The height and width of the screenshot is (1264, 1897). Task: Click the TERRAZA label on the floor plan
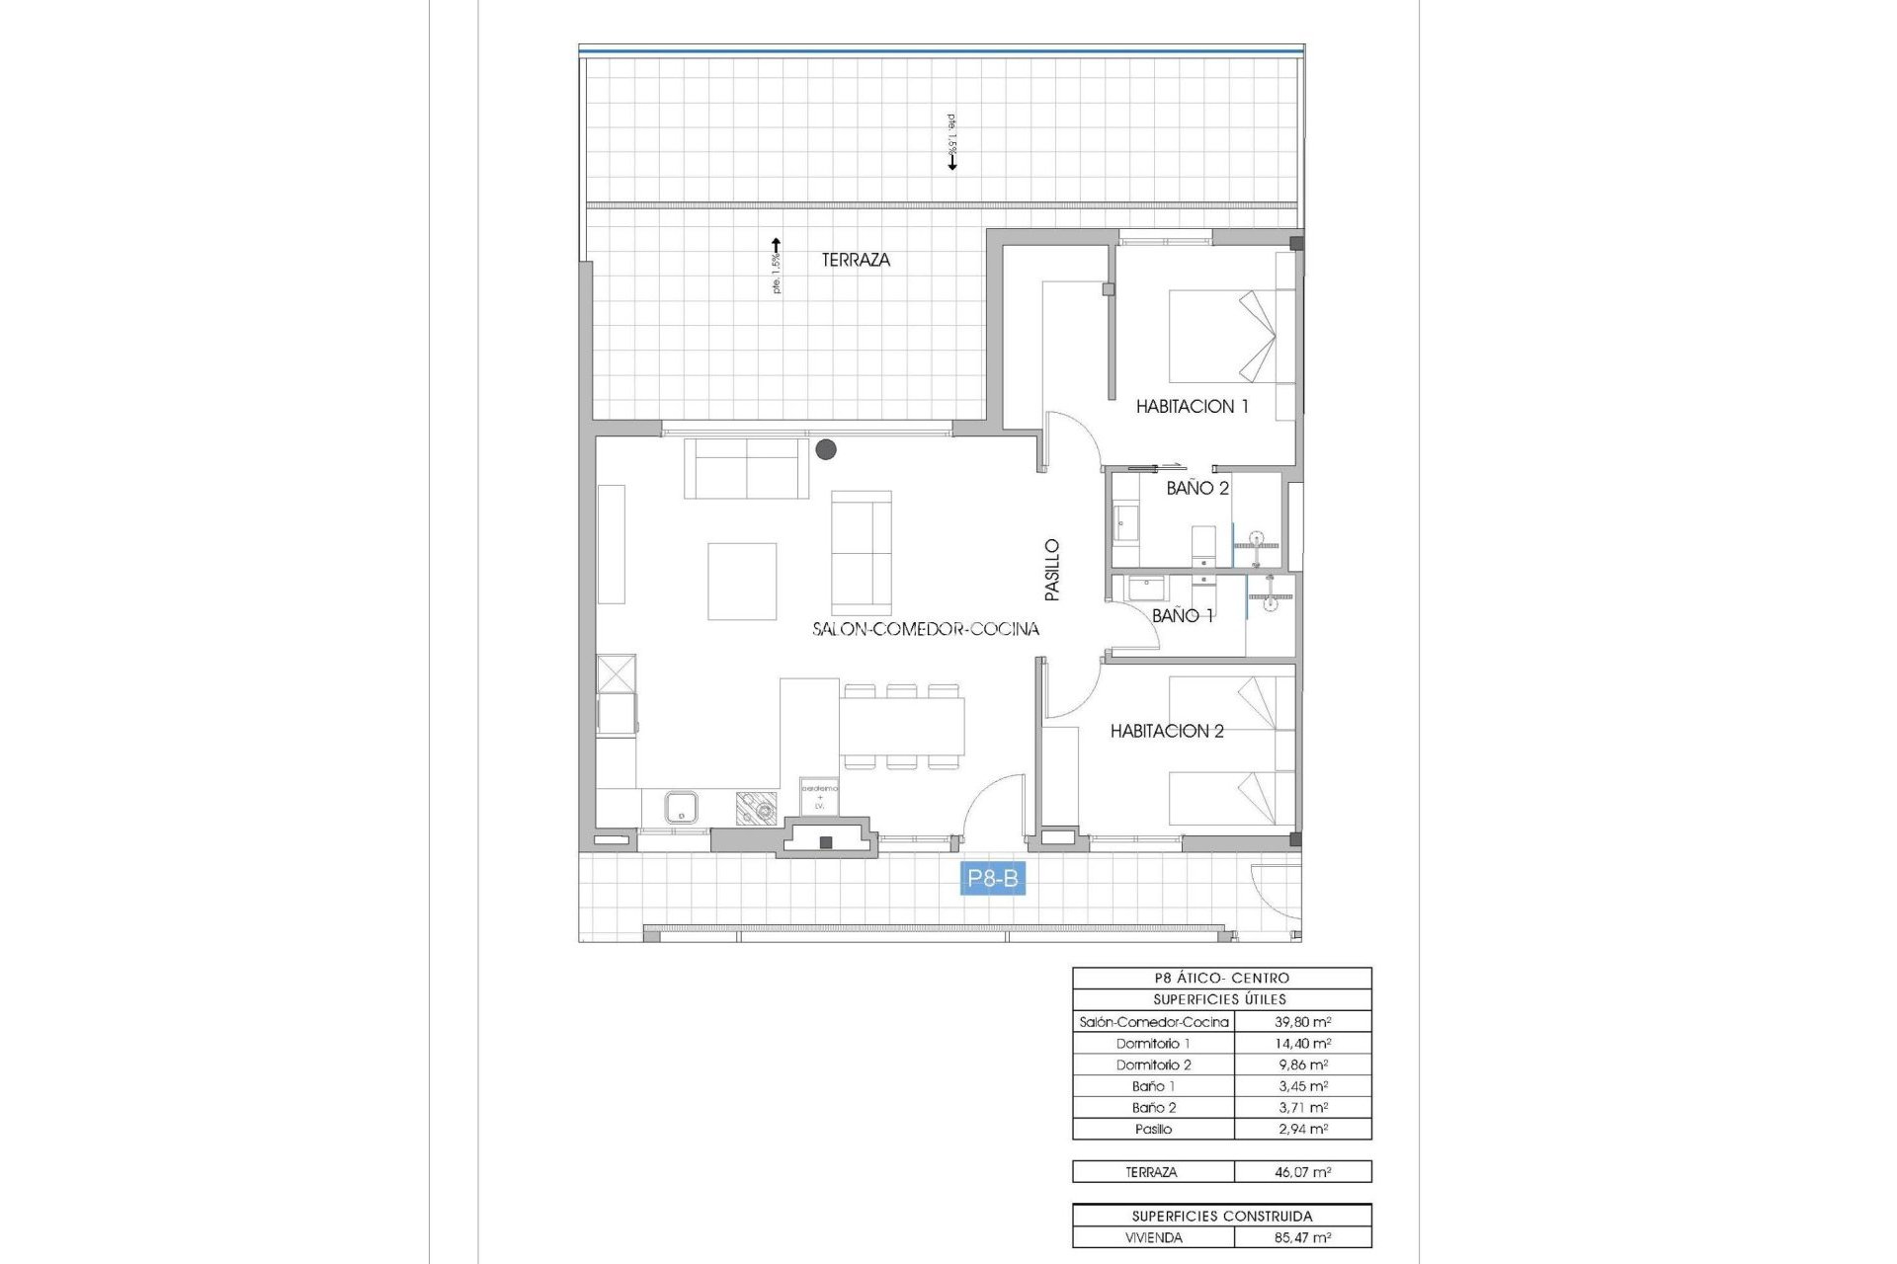coord(856,260)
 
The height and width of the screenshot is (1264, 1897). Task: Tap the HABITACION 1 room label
coord(1192,406)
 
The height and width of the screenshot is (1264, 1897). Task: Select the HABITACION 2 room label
coord(1166,731)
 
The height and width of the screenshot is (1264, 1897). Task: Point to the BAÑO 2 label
coord(1196,488)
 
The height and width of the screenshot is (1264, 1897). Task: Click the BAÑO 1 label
coord(1182,615)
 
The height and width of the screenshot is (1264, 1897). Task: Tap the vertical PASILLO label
coord(1052,570)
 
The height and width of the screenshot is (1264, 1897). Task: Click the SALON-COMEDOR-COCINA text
coord(925,629)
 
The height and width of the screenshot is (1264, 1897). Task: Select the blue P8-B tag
coord(992,878)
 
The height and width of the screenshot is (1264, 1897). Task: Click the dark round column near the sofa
coord(826,449)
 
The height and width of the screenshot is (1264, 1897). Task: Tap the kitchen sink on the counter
coord(681,808)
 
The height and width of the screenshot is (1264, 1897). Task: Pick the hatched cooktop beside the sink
coord(756,809)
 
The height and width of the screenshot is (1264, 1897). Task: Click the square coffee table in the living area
coord(741,581)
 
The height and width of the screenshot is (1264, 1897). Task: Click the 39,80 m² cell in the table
coord(1302,1022)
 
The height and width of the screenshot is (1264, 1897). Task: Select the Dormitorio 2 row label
coord(1153,1065)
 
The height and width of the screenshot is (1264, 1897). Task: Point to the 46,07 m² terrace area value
coord(1302,1172)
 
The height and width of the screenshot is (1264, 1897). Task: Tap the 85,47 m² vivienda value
coord(1302,1237)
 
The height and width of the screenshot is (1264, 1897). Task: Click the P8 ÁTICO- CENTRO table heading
coord(1221,978)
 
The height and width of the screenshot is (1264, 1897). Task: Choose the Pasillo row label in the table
coord(1153,1129)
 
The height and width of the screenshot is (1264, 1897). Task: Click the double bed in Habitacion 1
coord(1225,336)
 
